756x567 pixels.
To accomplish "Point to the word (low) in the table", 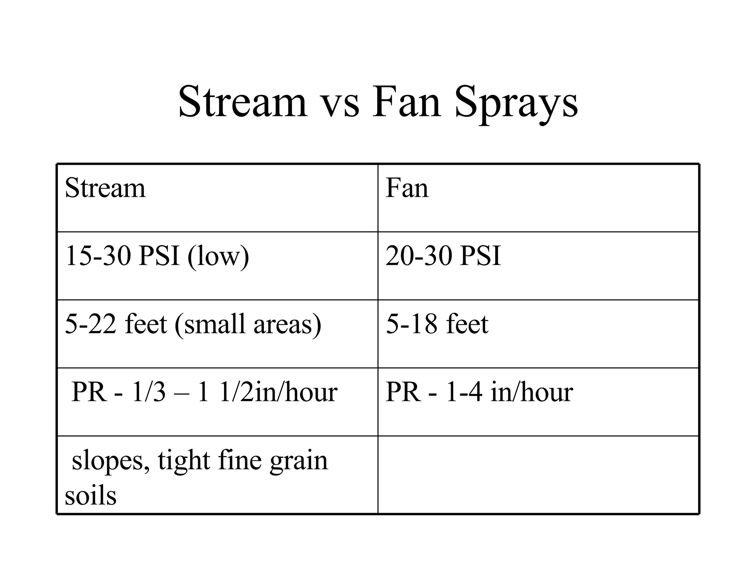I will coord(218,256).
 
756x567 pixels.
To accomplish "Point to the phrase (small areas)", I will coord(248,324).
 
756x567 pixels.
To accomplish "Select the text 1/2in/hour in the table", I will coord(278,392).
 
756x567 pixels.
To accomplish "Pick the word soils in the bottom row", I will coord(91,495).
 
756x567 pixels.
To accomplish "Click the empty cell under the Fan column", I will coord(538,475).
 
